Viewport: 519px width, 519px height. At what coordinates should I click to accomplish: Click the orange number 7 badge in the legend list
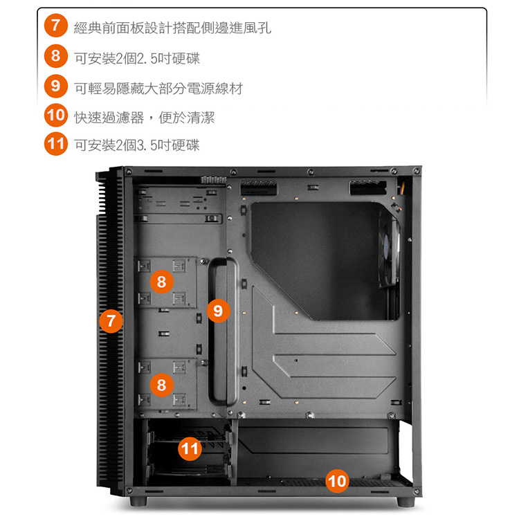(x=55, y=25)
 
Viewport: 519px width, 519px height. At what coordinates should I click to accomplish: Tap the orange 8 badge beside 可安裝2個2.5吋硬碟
(x=55, y=55)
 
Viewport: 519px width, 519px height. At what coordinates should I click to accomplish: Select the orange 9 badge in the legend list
(x=55, y=86)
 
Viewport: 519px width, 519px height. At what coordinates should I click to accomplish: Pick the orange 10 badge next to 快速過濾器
(x=55, y=115)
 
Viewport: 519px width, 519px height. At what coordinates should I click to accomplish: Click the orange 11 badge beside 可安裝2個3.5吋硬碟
(x=55, y=144)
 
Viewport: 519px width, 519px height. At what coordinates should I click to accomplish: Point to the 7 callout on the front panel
(x=111, y=321)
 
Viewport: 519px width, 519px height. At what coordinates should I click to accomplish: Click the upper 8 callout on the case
(x=161, y=282)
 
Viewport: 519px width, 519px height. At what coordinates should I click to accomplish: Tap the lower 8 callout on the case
(x=161, y=385)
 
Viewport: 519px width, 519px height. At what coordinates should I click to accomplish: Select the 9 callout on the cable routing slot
(x=218, y=311)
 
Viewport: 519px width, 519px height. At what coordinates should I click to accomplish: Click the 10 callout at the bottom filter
(x=337, y=481)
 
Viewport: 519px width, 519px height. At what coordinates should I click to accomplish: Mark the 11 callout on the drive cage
(x=190, y=449)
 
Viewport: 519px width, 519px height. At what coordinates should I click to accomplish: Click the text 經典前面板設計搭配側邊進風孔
(x=172, y=28)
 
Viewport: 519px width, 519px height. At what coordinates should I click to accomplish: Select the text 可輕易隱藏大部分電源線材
(x=158, y=89)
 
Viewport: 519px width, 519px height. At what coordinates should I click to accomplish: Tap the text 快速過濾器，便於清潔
(x=145, y=118)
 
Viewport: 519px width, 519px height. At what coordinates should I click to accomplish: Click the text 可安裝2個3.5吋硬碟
(x=137, y=145)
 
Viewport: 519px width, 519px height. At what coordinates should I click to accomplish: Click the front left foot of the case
(x=138, y=501)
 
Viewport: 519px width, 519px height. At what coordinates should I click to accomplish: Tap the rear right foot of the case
(x=406, y=502)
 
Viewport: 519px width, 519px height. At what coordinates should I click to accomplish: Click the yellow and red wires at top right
(x=401, y=186)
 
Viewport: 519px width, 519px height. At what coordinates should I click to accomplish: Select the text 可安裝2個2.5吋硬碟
(x=137, y=59)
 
